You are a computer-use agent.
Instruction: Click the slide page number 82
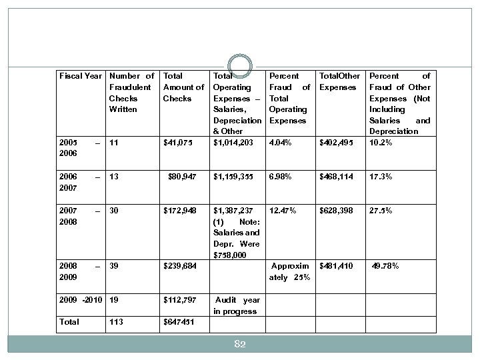(240, 344)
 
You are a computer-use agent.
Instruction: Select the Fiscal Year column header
(80, 76)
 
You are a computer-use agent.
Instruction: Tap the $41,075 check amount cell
(178, 142)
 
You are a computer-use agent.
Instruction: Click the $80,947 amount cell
(182, 177)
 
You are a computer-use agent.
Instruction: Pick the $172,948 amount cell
(180, 211)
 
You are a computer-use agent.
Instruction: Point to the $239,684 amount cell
(180, 267)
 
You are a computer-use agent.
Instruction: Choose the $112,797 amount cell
(180, 300)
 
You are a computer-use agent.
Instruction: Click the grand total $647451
(179, 322)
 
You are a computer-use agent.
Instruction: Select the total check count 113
(117, 322)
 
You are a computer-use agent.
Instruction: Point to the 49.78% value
(386, 267)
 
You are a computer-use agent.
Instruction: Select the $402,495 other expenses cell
(337, 142)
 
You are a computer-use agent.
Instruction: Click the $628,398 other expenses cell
(337, 211)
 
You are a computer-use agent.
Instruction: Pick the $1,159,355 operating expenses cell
(233, 177)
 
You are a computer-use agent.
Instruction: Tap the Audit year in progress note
(237, 305)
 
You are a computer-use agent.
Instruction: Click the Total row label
(69, 322)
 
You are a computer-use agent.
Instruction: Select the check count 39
(114, 267)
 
